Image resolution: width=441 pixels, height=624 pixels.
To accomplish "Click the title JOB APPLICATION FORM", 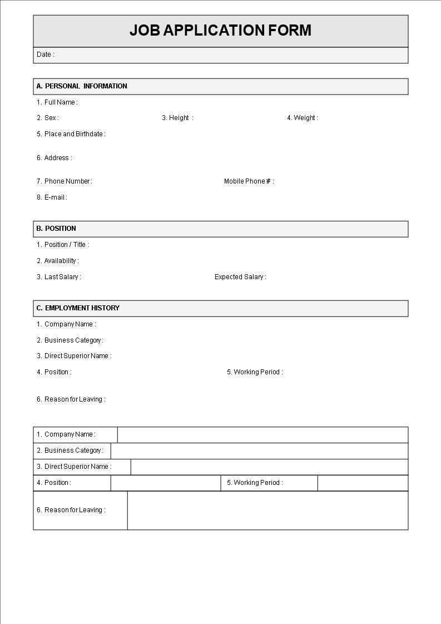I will [x=220, y=31].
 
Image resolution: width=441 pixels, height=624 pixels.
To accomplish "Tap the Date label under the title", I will [x=45, y=55].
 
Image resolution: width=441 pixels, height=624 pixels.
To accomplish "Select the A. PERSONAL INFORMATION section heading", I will [x=82, y=86].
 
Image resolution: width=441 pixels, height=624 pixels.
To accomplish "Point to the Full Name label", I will [x=57, y=102].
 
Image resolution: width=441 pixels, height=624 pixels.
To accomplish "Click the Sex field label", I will [x=48, y=118].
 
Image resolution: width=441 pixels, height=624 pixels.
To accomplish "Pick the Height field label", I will [x=177, y=118].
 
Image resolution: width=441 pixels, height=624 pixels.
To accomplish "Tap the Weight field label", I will [x=303, y=118].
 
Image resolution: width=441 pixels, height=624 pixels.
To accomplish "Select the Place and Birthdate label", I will [x=71, y=134].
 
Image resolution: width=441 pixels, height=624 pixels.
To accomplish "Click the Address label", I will [x=54, y=158].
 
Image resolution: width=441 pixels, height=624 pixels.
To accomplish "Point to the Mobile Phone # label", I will [x=249, y=181].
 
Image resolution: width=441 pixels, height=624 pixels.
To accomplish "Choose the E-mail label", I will [x=52, y=197].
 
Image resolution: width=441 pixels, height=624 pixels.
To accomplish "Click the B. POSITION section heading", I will [x=56, y=229].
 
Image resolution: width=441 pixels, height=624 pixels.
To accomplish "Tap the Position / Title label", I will [x=63, y=245].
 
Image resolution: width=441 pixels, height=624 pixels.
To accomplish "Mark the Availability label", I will [x=58, y=261].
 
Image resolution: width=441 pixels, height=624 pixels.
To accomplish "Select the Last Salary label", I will [x=59, y=277].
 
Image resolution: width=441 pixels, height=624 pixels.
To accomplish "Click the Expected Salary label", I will [x=240, y=277].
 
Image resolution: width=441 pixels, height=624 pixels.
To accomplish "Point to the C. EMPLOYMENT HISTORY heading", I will [x=78, y=308].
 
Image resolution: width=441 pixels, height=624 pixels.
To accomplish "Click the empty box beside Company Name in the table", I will [x=262, y=435].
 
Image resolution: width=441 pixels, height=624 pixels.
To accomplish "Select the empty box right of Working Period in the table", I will [x=363, y=483].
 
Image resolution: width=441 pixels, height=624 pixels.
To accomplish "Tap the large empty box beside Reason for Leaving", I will [x=267, y=511].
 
